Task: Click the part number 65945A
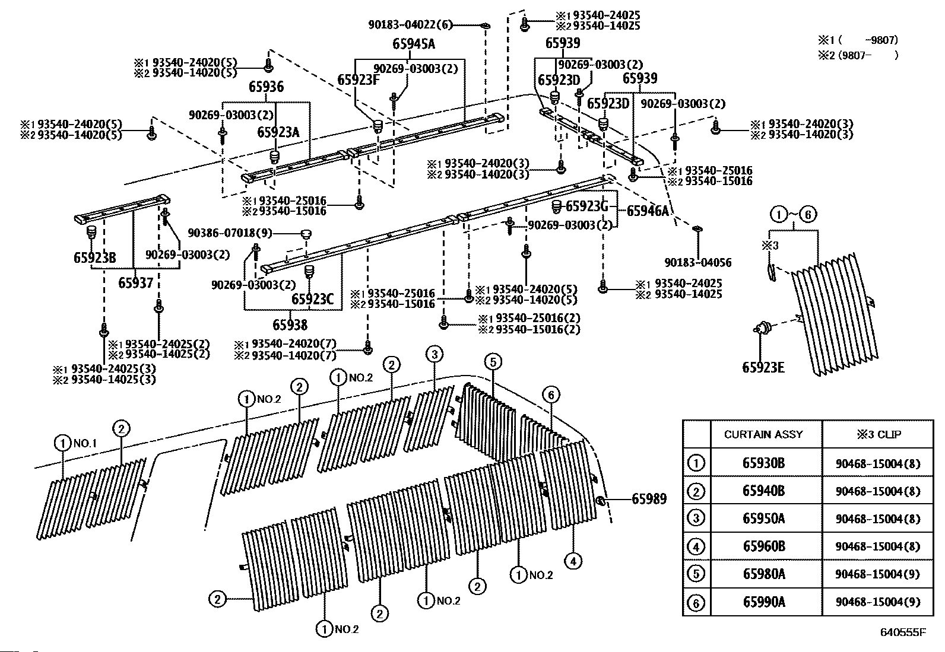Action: coord(413,44)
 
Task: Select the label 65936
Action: coord(266,87)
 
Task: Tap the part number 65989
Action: coord(649,499)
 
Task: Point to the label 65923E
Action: coord(763,367)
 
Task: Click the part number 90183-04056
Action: coord(698,262)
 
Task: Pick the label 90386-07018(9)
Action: coord(230,233)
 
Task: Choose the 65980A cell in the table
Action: coord(764,574)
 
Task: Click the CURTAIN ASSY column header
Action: coord(763,434)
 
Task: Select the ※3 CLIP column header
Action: coord(879,434)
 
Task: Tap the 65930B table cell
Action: coord(763,463)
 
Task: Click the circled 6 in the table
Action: coord(696,602)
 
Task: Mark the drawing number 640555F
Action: coord(903,632)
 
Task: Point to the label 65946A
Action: coord(648,211)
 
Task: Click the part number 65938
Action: coord(290,325)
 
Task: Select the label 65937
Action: coord(135,282)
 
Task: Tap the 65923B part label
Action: coord(94,257)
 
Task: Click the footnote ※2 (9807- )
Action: coord(858,55)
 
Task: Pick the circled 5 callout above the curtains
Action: coord(493,361)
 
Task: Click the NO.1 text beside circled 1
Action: coord(85,443)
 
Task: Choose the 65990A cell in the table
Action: coord(764,602)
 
